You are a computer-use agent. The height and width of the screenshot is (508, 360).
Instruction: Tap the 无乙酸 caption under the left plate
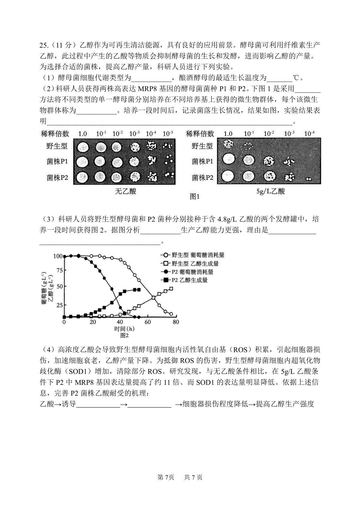(x=126, y=191)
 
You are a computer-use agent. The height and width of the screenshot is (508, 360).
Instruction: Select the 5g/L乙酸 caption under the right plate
(x=271, y=191)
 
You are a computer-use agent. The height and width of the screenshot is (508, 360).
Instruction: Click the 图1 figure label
(x=195, y=197)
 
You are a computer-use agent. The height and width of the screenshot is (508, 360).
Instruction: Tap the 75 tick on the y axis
(x=59, y=270)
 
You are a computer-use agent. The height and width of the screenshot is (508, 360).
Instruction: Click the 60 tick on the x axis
(x=148, y=322)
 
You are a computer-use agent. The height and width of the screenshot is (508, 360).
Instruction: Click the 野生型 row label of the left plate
(x=57, y=146)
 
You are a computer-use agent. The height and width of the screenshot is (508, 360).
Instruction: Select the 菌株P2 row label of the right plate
(x=202, y=178)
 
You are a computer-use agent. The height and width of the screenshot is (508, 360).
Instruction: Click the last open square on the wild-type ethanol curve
(x=171, y=289)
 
